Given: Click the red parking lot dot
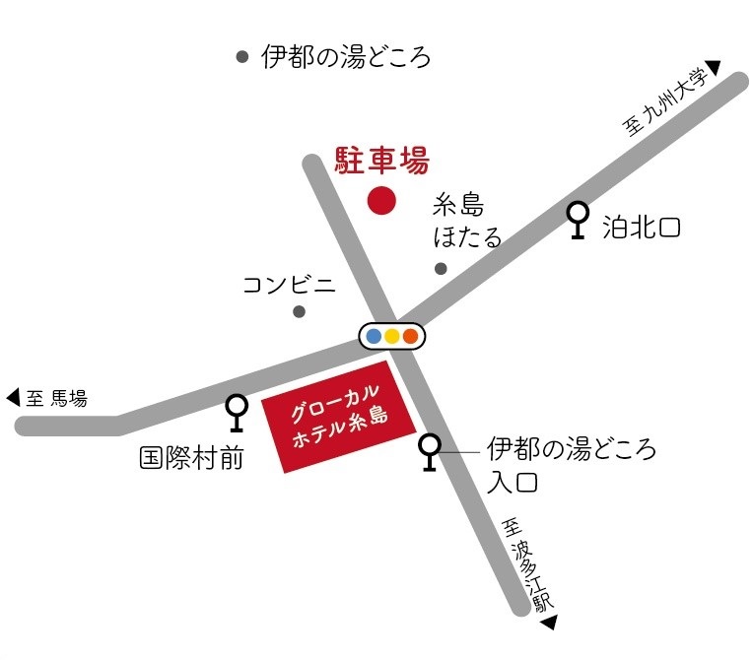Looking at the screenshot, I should point(381,200).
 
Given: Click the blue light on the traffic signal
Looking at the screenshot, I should point(374,337).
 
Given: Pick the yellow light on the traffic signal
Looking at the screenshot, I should point(391,337).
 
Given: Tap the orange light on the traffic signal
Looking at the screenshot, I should point(410,337).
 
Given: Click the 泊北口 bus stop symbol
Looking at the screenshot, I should point(579,219).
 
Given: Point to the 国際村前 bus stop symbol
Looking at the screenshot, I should point(237,411).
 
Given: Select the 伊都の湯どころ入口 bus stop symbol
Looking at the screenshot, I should point(430,451).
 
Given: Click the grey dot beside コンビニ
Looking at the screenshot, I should point(300,312).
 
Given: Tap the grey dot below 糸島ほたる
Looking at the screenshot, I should point(441,268).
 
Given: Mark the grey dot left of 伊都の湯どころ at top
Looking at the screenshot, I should point(242,57).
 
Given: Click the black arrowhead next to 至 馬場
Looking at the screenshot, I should point(13,398).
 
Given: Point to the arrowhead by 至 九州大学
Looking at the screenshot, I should point(714,67).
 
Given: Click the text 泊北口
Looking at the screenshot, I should point(642,229).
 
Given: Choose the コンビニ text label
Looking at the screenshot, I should point(289,285).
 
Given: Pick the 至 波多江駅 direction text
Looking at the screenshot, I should point(527,563).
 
